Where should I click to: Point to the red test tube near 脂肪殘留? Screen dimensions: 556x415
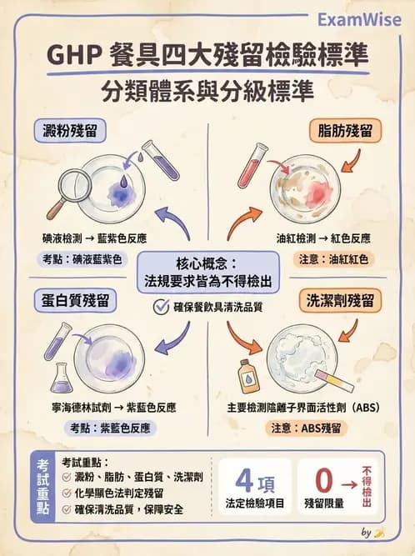coord(252,164)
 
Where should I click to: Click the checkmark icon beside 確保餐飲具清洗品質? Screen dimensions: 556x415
coord(162,307)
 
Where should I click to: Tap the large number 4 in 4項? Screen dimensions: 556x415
coord(244,480)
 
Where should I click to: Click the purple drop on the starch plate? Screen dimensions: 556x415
coord(123,179)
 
